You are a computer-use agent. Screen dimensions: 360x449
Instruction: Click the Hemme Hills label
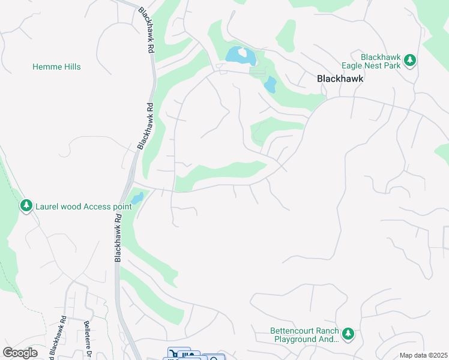pos(56,67)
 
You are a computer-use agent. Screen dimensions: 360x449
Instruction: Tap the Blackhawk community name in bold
pos(340,79)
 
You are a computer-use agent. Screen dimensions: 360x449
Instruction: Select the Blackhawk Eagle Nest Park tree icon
pos(410,60)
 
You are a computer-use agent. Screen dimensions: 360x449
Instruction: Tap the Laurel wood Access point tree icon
pos(26,206)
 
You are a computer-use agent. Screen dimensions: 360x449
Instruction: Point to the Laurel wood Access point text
pos(83,206)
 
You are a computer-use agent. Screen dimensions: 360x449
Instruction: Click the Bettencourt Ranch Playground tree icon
pos(348,333)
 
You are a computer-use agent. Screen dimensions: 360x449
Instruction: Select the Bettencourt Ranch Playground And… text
pos(304,335)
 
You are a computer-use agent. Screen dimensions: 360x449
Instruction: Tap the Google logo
pos(20,353)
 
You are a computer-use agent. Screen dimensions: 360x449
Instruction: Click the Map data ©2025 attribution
pos(423,355)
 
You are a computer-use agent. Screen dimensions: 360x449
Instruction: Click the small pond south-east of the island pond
pos(270,85)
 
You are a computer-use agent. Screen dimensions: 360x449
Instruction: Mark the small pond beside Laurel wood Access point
pos(136,198)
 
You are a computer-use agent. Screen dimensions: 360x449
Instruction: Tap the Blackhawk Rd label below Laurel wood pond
pos(118,237)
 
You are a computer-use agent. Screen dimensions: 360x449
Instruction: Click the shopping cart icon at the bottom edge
pos(173,354)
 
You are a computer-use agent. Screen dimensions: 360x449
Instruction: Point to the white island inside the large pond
pos(242,52)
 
